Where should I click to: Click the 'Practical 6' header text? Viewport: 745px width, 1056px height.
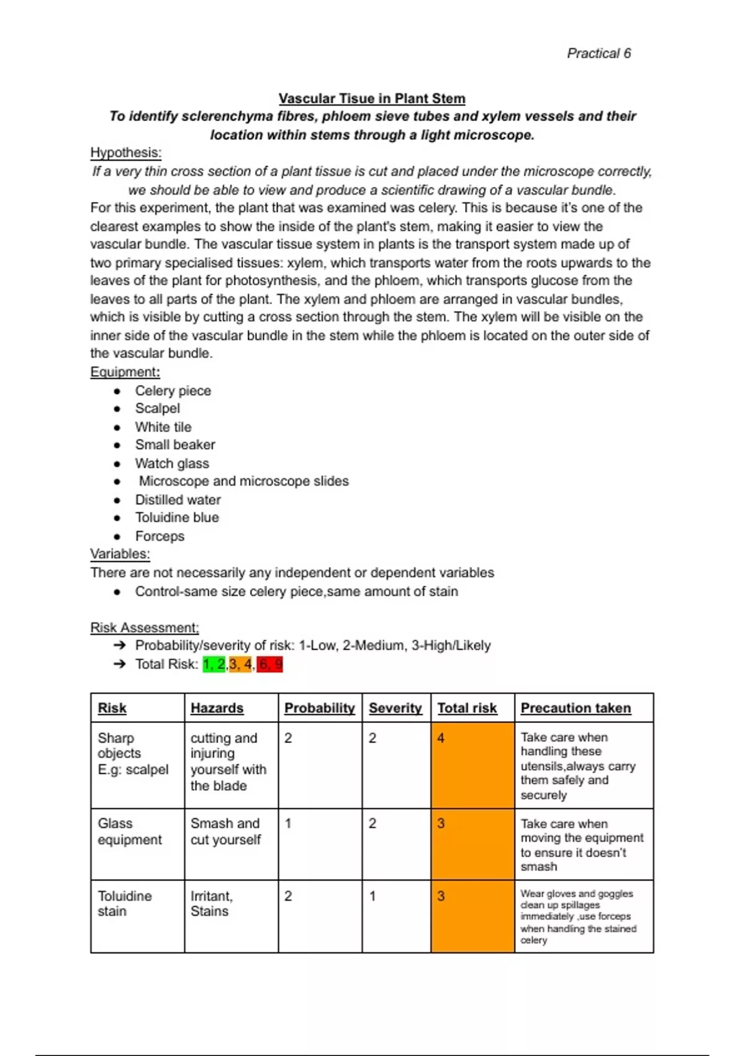(x=598, y=53)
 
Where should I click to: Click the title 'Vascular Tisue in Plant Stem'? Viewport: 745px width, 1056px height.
(x=371, y=98)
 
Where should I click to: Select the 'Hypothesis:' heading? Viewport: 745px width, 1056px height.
(x=125, y=153)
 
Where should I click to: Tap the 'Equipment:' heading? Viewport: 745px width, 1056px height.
(x=125, y=372)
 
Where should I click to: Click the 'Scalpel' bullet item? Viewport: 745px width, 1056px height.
(x=158, y=409)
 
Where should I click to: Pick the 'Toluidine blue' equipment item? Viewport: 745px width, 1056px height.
(x=177, y=517)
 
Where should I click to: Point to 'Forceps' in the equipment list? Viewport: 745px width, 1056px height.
(x=160, y=536)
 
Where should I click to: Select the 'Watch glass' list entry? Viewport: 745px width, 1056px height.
(x=172, y=463)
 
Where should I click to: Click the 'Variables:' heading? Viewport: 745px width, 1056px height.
(x=120, y=554)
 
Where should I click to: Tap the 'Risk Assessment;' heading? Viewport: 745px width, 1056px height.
(x=144, y=627)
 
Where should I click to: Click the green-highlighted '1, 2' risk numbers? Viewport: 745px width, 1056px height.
(x=214, y=665)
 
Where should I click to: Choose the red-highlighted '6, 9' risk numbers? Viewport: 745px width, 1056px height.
(x=270, y=665)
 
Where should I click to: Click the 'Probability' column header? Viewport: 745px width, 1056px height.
(x=319, y=708)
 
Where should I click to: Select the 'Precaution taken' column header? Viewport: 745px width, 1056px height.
(x=576, y=708)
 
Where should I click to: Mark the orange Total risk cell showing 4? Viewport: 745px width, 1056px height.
(x=472, y=765)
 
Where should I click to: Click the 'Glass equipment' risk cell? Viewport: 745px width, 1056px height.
(x=129, y=831)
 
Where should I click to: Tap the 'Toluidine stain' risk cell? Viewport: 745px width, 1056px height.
(x=124, y=904)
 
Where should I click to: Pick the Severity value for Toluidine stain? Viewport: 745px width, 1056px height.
(x=372, y=896)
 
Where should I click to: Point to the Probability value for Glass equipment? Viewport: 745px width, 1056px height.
(x=288, y=824)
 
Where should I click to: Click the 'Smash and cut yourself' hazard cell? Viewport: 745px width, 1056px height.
(x=225, y=831)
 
